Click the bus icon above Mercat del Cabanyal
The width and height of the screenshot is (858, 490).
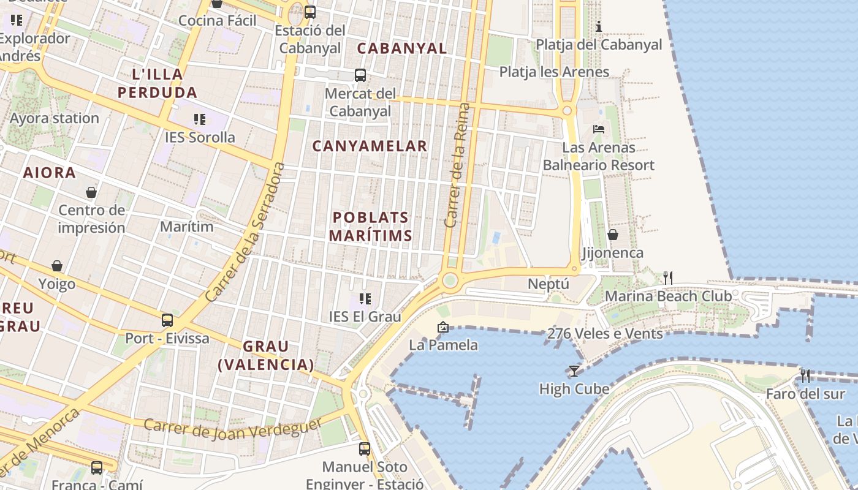pos(360,75)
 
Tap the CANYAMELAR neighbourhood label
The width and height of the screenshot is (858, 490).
pos(370,146)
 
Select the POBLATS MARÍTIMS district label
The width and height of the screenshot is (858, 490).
pos(370,226)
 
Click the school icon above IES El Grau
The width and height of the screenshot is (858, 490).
pos(365,299)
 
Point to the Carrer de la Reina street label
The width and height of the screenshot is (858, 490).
pos(458,165)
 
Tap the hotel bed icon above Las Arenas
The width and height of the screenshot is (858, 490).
pos(599,129)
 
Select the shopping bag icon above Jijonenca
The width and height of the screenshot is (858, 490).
pos(612,235)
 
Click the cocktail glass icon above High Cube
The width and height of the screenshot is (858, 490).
pos(574,371)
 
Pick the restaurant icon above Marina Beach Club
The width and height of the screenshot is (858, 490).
pos(668,278)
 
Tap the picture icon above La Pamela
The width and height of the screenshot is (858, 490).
pos(443,327)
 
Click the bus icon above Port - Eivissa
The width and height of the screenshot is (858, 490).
pos(167,320)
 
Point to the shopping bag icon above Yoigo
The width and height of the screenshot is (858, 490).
pos(57,266)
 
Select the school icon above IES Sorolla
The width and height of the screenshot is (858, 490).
pos(199,119)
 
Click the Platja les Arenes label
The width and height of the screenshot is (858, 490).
pos(554,72)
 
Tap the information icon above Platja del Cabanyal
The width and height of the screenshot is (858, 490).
pos(599,26)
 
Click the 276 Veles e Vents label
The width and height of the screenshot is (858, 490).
pos(604,334)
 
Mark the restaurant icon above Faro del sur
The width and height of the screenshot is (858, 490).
pos(805,375)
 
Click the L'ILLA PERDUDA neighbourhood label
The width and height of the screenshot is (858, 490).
pos(158,83)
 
